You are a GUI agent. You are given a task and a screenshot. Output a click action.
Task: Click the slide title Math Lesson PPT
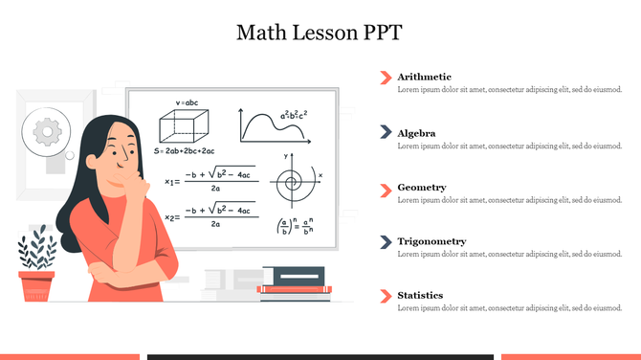(x=320, y=32)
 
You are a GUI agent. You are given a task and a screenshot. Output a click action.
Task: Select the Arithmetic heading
(x=424, y=77)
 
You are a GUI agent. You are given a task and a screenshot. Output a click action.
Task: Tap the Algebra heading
(x=416, y=133)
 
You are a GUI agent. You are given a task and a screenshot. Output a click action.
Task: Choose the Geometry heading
(x=421, y=187)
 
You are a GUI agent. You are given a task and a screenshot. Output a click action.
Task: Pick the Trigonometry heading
(x=431, y=241)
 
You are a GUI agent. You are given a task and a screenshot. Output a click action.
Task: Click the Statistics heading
(x=420, y=295)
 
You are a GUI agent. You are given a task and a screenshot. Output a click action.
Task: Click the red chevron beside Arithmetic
(x=386, y=77)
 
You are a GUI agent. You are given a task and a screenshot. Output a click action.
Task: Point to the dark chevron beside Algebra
(x=386, y=132)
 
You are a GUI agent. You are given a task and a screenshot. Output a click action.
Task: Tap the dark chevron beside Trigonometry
(x=386, y=241)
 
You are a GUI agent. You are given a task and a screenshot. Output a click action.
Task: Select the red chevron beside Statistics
(x=386, y=295)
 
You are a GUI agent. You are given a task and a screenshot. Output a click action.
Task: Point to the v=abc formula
(x=186, y=101)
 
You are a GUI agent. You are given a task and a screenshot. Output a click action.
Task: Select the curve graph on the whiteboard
(x=271, y=127)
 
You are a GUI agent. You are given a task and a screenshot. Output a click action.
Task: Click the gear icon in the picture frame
(x=43, y=131)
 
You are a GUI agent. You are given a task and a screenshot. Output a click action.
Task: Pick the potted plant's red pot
(x=36, y=284)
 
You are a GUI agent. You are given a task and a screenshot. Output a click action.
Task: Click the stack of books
(x=295, y=280)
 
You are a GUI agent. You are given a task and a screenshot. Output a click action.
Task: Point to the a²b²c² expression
(x=293, y=116)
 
